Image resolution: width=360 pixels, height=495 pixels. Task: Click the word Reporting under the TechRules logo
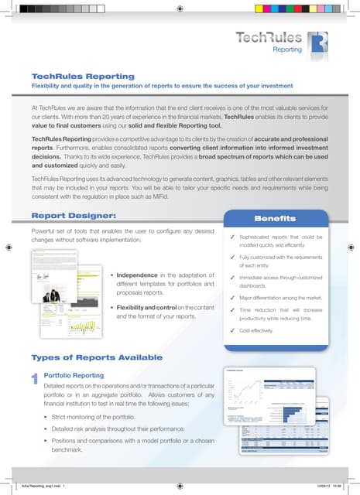coord(286,49)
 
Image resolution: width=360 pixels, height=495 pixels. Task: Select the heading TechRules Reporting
coord(83,76)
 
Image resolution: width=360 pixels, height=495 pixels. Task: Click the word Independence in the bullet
coord(144,275)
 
